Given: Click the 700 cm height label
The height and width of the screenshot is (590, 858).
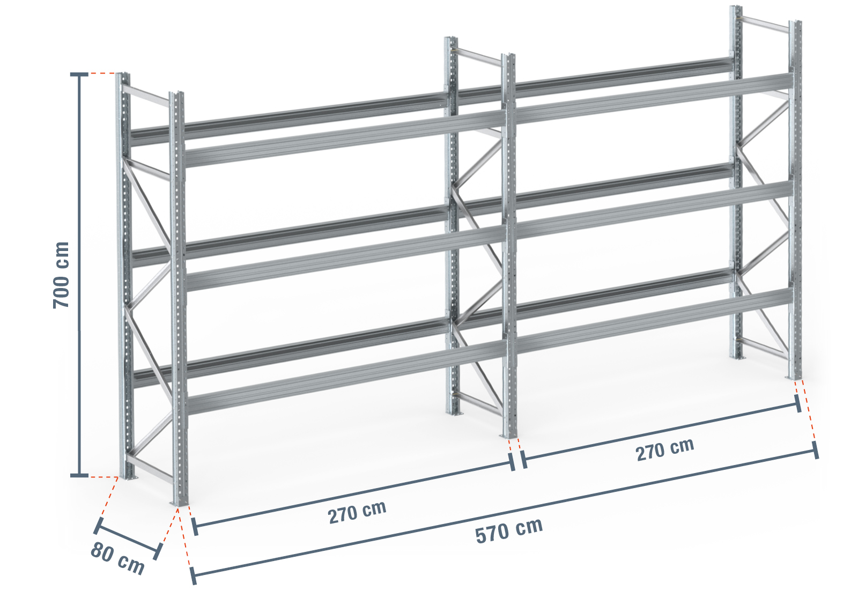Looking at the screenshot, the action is tap(61, 275).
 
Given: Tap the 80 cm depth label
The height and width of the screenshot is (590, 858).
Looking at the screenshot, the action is tap(117, 558).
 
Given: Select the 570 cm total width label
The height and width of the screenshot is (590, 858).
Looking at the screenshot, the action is tap(509, 530).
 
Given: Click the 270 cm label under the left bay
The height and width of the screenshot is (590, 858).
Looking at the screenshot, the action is tap(357, 512).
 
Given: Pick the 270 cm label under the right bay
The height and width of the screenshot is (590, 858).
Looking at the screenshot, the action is tap(665, 450).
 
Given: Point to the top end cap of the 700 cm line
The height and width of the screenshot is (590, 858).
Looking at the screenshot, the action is tap(79, 74).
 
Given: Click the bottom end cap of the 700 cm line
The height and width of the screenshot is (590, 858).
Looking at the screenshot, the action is tap(79, 475).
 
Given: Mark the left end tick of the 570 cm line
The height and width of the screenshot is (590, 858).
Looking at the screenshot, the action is tap(194, 576).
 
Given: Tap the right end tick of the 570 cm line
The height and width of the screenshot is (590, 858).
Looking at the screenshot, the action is tap(816, 450).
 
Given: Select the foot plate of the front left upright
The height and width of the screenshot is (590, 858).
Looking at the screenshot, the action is tap(180, 503).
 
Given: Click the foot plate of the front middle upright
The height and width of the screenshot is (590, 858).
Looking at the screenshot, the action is tap(509, 436).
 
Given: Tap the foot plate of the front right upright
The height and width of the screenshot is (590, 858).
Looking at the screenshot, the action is tap(795, 377).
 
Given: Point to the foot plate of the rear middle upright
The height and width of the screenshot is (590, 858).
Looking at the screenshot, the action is tap(455, 413).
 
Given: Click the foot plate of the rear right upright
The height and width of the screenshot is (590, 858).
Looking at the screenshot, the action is tap(737, 357).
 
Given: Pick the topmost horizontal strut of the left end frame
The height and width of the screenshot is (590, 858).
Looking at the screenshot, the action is tap(146, 95).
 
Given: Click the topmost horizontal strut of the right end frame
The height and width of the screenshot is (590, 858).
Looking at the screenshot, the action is tap(765, 24).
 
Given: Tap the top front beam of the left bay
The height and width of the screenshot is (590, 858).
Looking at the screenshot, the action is tap(345, 138).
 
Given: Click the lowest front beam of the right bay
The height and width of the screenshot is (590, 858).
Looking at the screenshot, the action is tap(654, 319).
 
